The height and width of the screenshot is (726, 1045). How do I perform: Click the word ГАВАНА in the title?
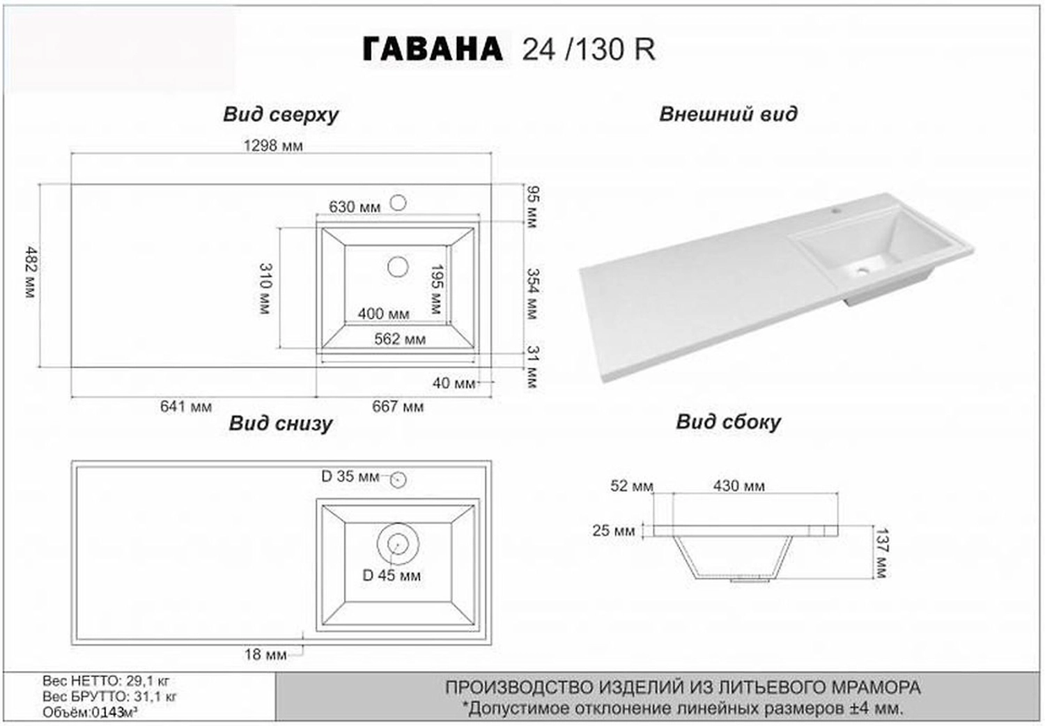click(x=433, y=49)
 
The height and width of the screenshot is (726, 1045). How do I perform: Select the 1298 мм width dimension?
click(x=273, y=146)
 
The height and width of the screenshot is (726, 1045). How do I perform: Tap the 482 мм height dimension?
click(x=31, y=272)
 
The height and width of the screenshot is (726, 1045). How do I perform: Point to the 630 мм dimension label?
click(x=355, y=207)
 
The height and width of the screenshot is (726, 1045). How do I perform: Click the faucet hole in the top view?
click(x=398, y=203)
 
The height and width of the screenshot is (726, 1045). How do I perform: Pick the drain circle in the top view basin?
click(x=398, y=267)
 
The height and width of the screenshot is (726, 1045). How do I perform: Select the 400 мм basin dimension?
click(x=383, y=314)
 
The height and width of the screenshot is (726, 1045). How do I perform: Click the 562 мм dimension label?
click(x=400, y=339)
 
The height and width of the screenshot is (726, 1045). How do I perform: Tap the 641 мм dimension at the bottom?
click(x=186, y=406)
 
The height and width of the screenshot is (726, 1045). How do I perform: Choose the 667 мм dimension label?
click(x=398, y=406)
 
